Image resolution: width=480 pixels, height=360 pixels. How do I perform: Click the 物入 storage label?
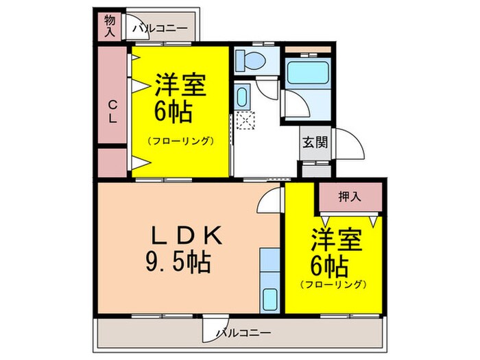coord(110,26)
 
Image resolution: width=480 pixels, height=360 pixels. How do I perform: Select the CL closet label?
coord(112,112)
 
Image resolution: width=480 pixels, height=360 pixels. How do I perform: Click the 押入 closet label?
coord(350,197)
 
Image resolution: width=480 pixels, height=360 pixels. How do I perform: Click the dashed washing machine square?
coord(244,120)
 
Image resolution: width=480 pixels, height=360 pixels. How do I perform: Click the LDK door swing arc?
coord(269,201)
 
